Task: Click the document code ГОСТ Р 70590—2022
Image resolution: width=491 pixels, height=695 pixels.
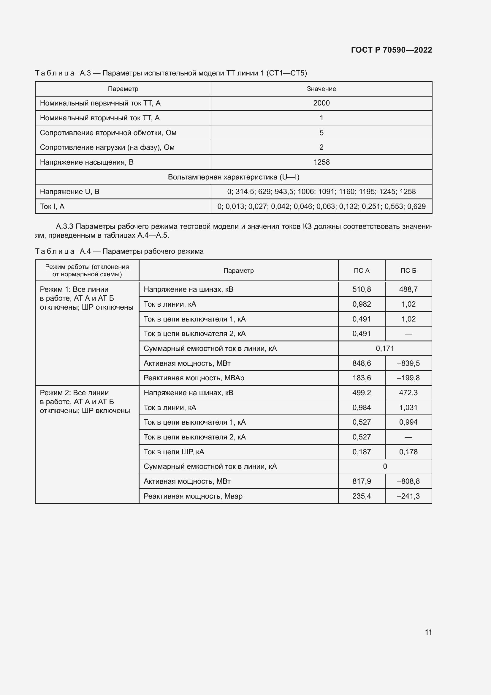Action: (391, 50)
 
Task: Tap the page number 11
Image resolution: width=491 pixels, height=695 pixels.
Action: (428, 632)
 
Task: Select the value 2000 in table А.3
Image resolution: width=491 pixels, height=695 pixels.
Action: (321, 103)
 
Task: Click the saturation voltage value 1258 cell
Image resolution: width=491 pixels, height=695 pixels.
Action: (321, 162)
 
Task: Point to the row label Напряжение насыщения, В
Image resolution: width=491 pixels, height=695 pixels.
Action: (87, 162)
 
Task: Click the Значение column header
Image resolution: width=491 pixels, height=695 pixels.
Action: (321, 89)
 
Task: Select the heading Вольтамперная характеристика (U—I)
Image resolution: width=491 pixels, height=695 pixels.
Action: (233, 177)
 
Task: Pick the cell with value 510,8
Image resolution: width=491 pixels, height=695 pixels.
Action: (361, 289)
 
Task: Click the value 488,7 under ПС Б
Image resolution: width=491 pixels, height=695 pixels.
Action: (408, 289)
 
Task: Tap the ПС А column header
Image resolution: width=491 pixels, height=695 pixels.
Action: (361, 271)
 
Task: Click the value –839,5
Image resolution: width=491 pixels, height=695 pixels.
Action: (408, 363)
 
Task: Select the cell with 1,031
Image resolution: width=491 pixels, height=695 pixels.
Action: (408, 407)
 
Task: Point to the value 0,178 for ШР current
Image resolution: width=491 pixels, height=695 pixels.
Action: (408, 452)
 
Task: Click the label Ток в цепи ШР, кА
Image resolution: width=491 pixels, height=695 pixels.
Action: (174, 452)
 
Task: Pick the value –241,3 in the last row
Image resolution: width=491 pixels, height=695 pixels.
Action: (408, 496)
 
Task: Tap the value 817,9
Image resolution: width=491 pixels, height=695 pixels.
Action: (361, 481)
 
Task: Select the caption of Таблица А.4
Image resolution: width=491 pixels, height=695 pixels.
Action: (119, 252)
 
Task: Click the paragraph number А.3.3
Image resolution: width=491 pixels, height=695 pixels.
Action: (64, 226)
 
